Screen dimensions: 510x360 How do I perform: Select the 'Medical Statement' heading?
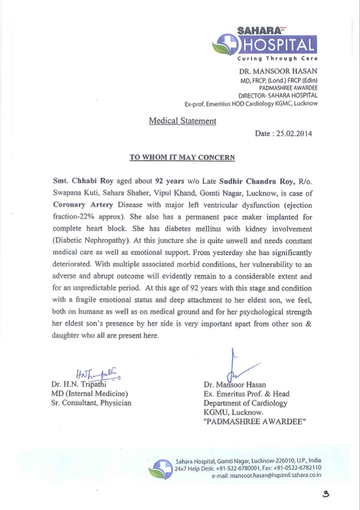182,121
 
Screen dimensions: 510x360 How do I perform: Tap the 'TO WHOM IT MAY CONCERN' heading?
182,158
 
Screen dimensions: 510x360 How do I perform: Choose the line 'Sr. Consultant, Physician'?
91,403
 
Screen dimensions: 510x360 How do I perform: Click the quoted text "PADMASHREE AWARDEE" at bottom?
255,422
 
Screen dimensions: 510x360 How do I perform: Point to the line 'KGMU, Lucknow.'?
234,413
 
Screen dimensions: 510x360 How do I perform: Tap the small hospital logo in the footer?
161,468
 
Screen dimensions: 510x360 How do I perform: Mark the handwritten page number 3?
326,495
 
